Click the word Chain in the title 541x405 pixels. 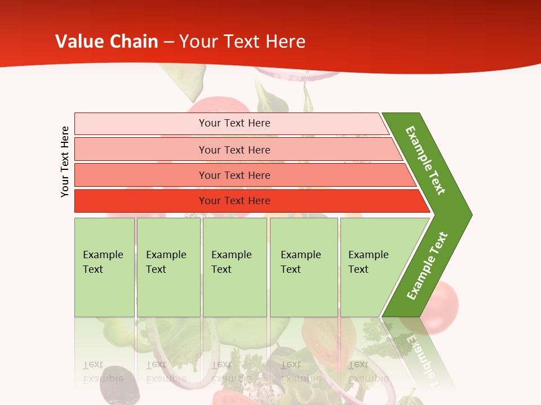[x=134, y=42]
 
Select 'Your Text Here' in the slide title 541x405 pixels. [x=242, y=42]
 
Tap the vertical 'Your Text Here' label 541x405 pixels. [x=65, y=161]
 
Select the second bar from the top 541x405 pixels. [x=234, y=150]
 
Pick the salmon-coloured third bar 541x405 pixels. [x=234, y=175]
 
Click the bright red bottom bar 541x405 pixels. [x=234, y=201]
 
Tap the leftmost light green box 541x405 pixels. [x=104, y=267]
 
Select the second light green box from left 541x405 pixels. [x=168, y=267]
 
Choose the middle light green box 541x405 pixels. [x=234, y=267]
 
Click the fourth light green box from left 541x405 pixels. [x=304, y=267]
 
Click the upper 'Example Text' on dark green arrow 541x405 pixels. [x=425, y=160]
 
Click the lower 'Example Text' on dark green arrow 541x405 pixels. [x=427, y=266]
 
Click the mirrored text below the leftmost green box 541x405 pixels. [x=103, y=371]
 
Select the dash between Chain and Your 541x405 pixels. [x=168, y=42]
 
